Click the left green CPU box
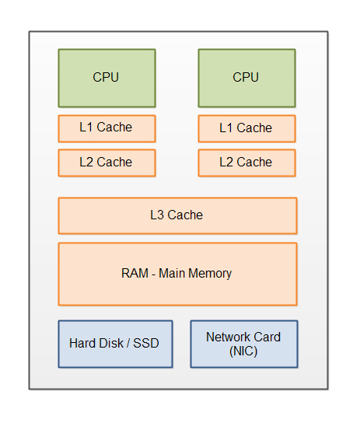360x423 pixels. pyautogui.click(x=107, y=78)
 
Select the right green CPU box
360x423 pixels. pyautogui.click(x=246, y=78)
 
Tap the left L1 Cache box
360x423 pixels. pyautogui.click(x=107, y=128)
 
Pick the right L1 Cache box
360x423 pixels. pyautogui.click(x=246, y=128)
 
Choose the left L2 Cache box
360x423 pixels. pyautogui.click(x=107, y=163)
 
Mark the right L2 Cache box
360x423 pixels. pyautogui.click(x=246, y=163)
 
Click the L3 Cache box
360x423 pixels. pyautogui.click(x=177, y=215)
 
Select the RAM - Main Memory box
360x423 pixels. pyautogui.click(x=177, y=274)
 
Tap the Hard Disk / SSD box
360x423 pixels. pyautogui.click(x=115, y=344)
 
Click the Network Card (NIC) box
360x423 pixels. pyautogui.click(x=243, y=344)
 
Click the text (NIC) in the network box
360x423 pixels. pyautogui.click(x=243, y=351)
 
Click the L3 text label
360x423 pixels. pyautogui.click(x=158, y=215)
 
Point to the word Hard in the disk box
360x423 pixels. pyautogui.click(x=83, y=344)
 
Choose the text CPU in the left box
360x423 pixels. pyautogui.click(x=107, y=78)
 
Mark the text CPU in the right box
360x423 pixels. pyautogui.click(x=246, y=78)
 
